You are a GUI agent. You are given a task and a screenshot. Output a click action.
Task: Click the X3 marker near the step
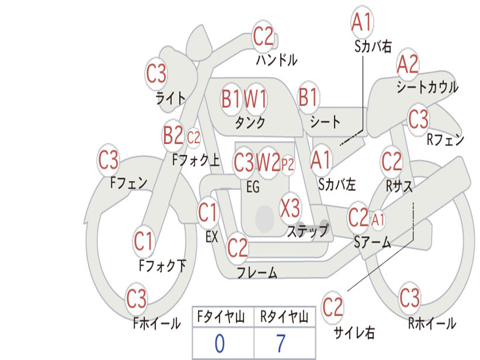[x=290, y=208]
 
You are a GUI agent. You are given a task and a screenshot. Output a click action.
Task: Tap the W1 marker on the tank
[x=255, y=99]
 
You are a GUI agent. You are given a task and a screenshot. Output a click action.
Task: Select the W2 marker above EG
[x=268, y=162]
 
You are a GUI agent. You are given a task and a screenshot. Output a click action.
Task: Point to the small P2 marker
[x=288, y=165]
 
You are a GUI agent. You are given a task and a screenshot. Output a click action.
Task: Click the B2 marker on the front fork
[x=173, y=135]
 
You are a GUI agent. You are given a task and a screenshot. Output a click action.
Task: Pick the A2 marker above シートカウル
[x=407, y=64]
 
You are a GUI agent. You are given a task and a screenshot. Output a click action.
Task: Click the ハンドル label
[x=277, y=60]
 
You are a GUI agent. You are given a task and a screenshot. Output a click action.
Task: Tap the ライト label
[x=171, y=98]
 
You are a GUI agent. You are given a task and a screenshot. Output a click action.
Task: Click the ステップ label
[x=307, y=231]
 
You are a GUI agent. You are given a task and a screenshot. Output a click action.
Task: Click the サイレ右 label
[x=354, y=332]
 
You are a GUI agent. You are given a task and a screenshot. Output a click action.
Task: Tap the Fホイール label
[x=157, y=323]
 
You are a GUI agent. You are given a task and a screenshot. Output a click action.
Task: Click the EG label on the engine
[x=253, y=187]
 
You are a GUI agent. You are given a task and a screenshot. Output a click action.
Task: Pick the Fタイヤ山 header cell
[x=221, y=317]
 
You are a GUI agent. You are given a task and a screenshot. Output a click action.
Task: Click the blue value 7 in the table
[x=281, y=343]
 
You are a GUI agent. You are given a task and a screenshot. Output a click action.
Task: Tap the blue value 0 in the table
[x=219, y=343]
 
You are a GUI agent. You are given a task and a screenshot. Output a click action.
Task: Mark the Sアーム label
[x=373, y=242]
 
